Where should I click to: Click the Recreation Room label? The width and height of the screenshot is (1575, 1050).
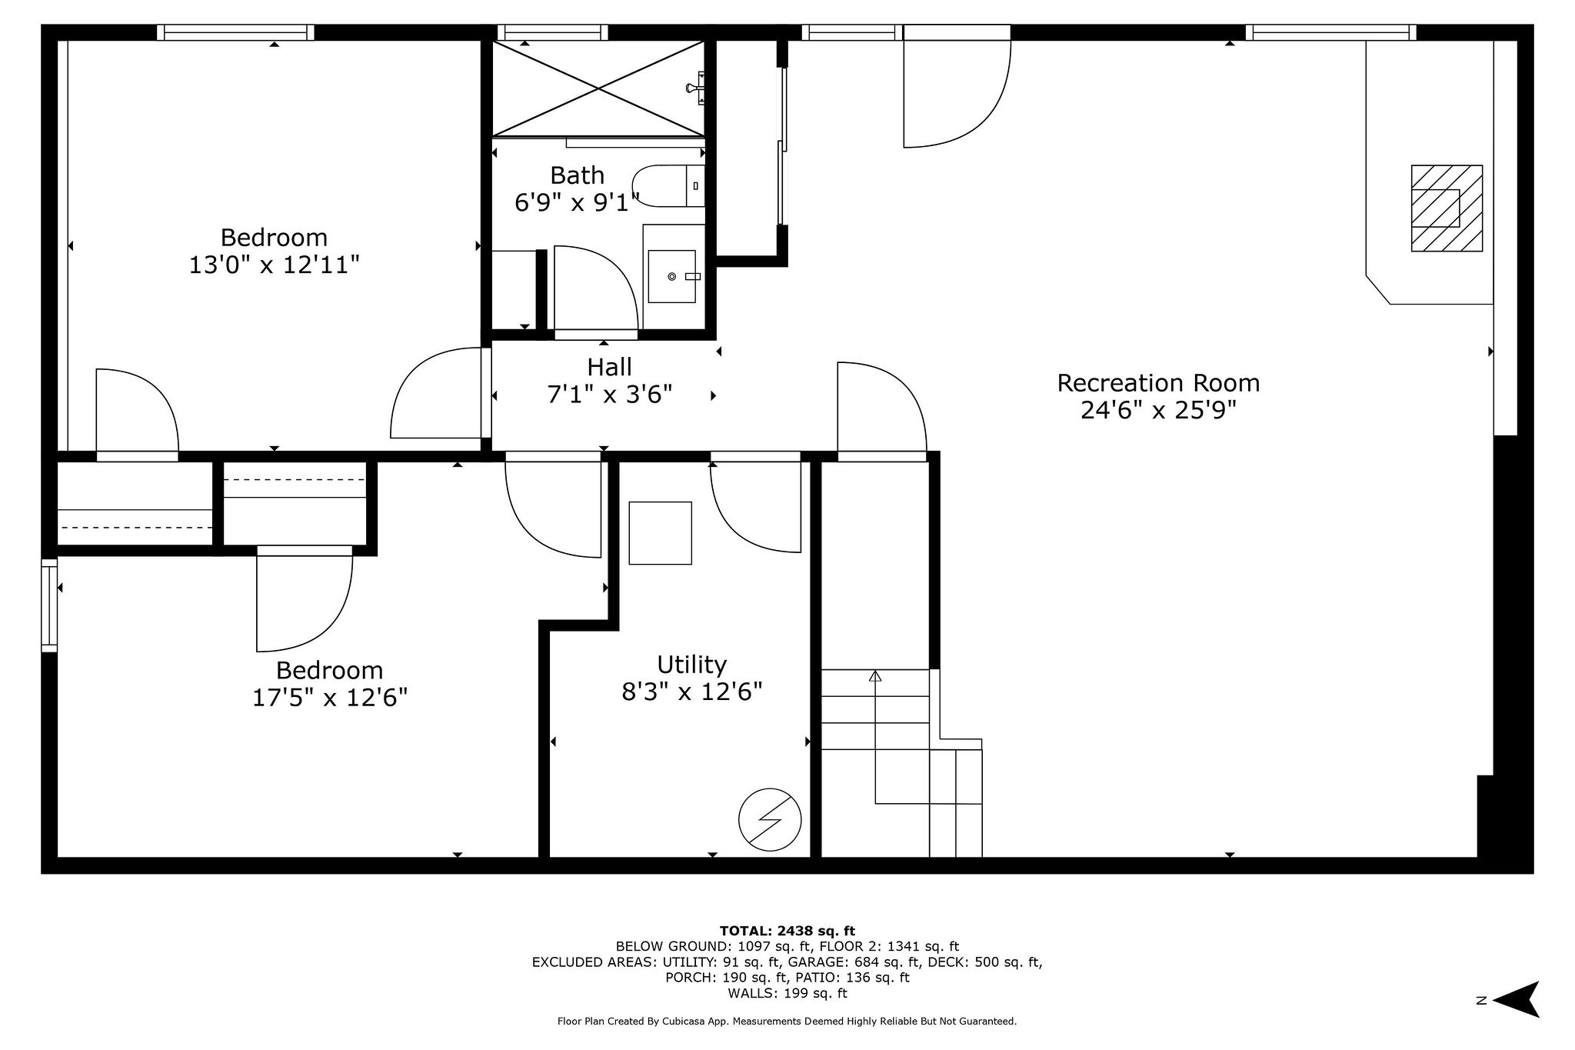click(x=1157, y=382)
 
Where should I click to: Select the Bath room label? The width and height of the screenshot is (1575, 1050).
click(x=577, y=175)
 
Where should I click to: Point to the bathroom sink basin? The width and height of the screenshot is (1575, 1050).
click(x=672, y=275)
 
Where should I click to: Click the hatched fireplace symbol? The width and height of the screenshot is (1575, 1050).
click(x=1446, y=208)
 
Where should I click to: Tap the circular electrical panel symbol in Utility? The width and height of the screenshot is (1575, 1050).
click(x=770, y=819)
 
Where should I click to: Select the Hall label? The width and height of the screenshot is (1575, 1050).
click(x=609, y=367)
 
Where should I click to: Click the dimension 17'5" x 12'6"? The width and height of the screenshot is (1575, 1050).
click(x=329, y=698)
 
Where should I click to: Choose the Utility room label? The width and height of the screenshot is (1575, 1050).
click(x=691, y=664)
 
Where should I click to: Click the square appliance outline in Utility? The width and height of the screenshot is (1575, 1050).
click(x=660, y=533)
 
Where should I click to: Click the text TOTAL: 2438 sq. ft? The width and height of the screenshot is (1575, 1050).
click(x=787, y=931)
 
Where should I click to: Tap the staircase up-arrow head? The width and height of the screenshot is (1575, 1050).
click(x=874, y=676)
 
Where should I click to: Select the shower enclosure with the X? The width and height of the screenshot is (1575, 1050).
click(x=598, y=88)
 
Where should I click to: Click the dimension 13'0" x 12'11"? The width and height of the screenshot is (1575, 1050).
click(x=274, y=265)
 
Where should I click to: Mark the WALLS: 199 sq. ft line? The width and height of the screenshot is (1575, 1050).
click(x=787, y=993)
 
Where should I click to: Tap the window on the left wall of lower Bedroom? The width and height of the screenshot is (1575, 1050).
click(x=49, y=605)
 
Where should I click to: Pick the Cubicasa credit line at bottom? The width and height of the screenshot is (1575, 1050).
click(x=787, y=1022)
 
